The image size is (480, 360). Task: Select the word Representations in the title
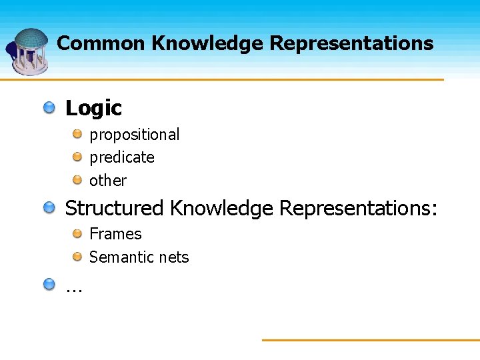351,43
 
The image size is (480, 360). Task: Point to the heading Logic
93,108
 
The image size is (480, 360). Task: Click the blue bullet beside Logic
50,107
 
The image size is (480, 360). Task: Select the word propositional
134,135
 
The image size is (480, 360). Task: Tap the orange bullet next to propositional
78,134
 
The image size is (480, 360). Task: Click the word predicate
122,157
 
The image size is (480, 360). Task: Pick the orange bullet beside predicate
78,157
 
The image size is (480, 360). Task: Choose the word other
108,181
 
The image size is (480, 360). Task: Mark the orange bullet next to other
78,180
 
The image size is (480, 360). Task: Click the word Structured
114,209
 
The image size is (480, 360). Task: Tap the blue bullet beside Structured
50,208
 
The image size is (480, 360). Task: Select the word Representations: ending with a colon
358,209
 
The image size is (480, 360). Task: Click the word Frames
115,234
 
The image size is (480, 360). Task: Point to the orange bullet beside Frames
78,233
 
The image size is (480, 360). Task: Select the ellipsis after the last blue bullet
73,288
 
